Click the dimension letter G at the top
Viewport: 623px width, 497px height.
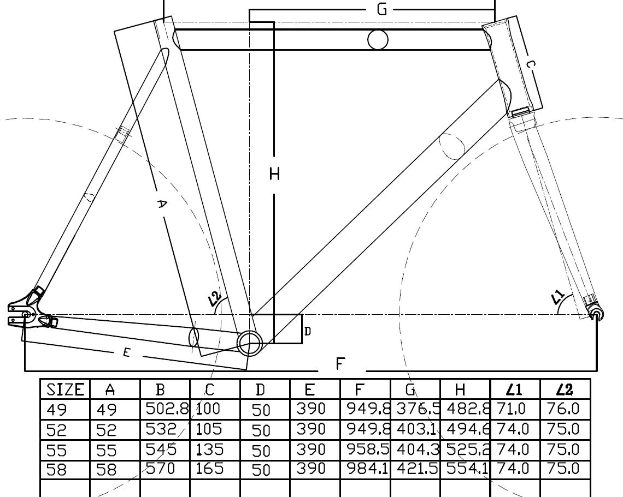382,9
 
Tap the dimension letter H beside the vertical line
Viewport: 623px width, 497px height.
274,174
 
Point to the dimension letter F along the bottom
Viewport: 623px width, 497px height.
340,363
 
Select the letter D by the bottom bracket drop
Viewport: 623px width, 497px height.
308,331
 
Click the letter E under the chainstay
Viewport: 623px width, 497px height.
126,353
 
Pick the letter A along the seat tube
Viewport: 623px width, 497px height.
162,204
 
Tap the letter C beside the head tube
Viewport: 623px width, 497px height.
530,64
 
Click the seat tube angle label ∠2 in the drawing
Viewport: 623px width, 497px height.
214,298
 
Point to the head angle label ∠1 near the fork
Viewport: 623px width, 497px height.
557,297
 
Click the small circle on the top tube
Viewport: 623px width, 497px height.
378,40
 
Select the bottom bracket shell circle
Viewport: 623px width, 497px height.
250,343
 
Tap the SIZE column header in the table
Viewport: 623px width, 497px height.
65,390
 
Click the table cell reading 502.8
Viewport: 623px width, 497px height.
165,409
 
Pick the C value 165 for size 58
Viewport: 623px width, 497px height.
210,469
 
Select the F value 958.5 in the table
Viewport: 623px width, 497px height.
366,449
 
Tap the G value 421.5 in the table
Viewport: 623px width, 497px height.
415,469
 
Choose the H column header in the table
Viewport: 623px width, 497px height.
460,390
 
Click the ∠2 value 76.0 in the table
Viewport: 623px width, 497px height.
565,409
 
